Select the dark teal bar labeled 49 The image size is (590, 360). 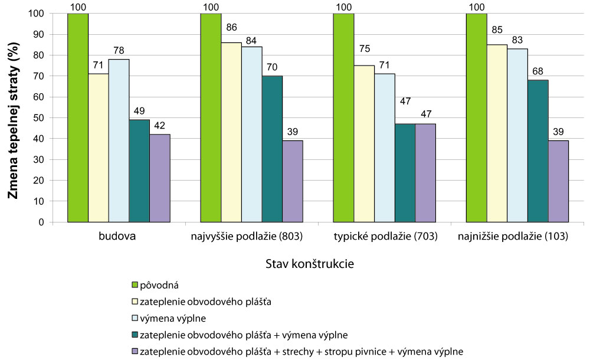point(139,171)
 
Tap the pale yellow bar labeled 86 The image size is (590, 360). point(231,132)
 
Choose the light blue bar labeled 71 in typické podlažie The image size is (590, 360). point(385,148)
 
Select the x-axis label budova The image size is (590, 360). point(119,237)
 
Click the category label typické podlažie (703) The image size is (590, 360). point(385,237)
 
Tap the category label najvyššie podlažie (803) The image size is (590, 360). point(252,237)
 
